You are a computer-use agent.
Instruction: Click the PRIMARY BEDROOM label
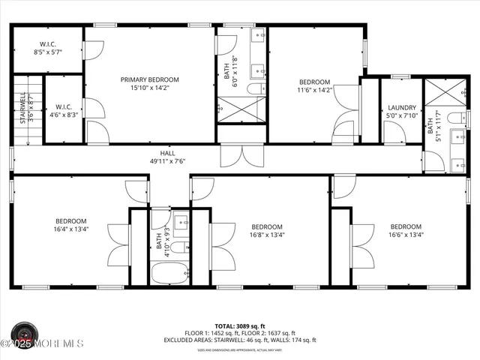pyautogui.click(x=150, y=79)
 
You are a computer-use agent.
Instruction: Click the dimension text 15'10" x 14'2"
pyautogui.click(x=150, y=88)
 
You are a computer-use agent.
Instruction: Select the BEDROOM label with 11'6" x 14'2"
pyautogui.click(x=314, y=82)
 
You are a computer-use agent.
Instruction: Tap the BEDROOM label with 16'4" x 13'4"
pyautogui.click(x=70, y=221)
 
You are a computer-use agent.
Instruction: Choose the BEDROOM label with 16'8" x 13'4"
pyautogui.click(x=267, y=226)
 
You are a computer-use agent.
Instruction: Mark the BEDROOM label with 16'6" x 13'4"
pyautogui.click(x=405, y=226)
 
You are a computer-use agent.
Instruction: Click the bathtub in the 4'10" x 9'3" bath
pyautogui.click(x=169, y=271)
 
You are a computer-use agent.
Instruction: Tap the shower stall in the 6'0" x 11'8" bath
pyautogui.click(x=241, y=109)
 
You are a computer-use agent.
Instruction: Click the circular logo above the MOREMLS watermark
pyautogui.click(x=25, y=333)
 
